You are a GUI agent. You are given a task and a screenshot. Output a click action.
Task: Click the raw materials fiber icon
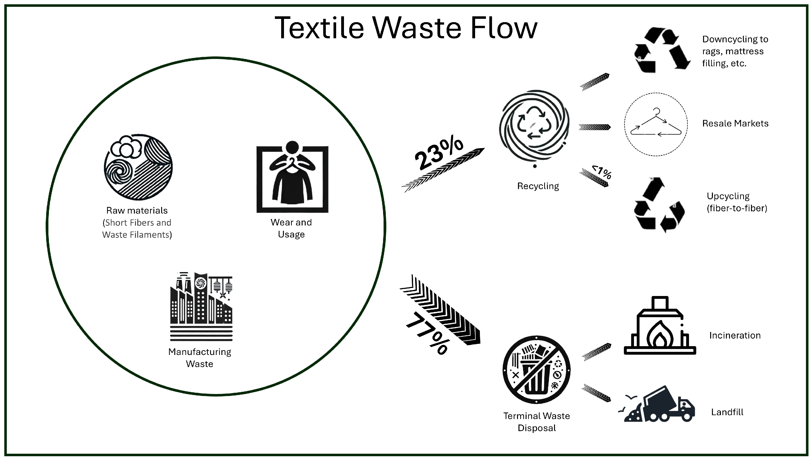[x=138, y=167]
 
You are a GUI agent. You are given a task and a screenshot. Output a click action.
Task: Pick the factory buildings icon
[x=201, y=306]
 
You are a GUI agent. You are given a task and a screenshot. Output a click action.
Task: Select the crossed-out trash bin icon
[x=536, y=370]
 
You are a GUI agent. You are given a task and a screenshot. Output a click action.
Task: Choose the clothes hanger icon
[x=656, y=124]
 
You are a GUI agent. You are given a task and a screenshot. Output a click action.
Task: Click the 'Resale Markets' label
[x=735, y=123]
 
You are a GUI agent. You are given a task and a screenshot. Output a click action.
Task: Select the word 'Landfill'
[x=727, y=412]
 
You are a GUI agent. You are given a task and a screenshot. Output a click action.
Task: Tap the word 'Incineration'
[x=735, y=335]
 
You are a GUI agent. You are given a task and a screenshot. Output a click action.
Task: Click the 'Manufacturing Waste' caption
[x=200, y=358]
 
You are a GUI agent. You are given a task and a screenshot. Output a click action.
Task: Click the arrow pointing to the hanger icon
[x=594, y=127]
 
